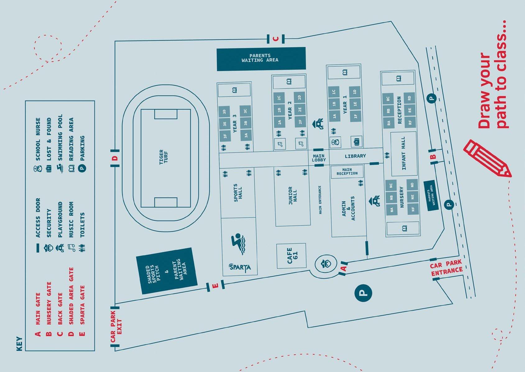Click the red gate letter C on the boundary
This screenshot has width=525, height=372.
pyautogui.click(x=275, y=39)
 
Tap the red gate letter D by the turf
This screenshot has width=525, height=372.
pyautogui.click(x=115, y=158)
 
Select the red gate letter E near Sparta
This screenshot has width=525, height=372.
pyautogui.click(x=215, y=286)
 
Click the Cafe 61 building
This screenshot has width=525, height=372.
pyautogui.click(x=291, y=256)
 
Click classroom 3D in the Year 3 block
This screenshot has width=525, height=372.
pyautogui.click(x=224, y=112)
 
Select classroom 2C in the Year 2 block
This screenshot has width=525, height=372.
pyautogui.click(x=279, y=98)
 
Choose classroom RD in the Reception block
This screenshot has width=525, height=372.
pyautogui.click(x=409, y=98)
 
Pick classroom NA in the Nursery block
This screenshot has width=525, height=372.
pyautogui.click(x=391, y=210)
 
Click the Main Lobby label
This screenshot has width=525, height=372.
pyautogui.click(x=319, y=158)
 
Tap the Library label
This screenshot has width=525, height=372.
pyautogui.click(x=355, y=156)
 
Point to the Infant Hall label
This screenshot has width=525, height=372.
pyautogui.click(x=403, y=153)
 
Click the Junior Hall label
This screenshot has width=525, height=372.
pyautogui.click(x=292, y=196)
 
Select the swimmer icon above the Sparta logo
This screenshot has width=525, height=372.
pyautogui.click(x=239, y=243)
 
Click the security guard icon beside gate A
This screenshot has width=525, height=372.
pyautogui.click(x=326, y=264)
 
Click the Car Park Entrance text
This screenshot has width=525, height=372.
pyautogui.click(x=446, y=268)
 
